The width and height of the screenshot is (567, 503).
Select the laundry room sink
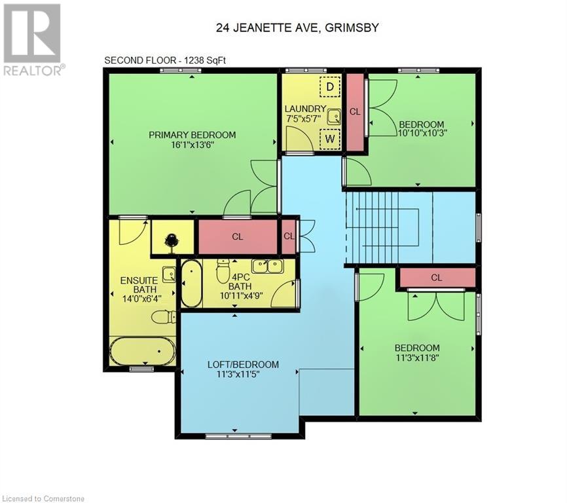(334, 115)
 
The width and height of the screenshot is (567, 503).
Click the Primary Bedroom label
(192, 135)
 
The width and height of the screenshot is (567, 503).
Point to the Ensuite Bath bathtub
(142, 352)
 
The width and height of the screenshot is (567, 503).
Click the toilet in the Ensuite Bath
(163, 317)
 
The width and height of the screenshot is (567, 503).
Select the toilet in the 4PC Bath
(223, 268)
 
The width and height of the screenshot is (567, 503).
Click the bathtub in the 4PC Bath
(191, 284)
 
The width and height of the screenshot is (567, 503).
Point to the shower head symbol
(172, 240)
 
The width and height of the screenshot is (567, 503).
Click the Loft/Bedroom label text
(243, 365)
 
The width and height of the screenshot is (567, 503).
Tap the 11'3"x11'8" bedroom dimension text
(417, 358)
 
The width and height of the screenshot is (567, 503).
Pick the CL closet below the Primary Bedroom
(238, 236)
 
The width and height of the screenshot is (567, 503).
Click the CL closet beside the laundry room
(355, 111)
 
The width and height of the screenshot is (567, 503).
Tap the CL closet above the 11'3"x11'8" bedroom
(437, 278)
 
